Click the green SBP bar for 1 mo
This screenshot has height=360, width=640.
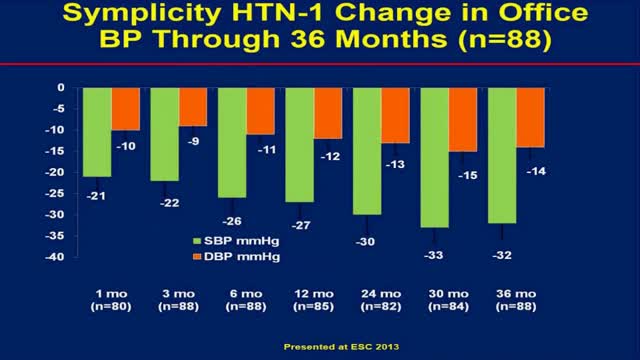[x=97, y=132]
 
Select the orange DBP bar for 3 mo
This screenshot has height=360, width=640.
[x=192, y=106]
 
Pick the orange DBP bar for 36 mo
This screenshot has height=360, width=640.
[x=530, y=117]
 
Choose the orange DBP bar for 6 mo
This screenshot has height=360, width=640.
[x=260, y=110]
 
